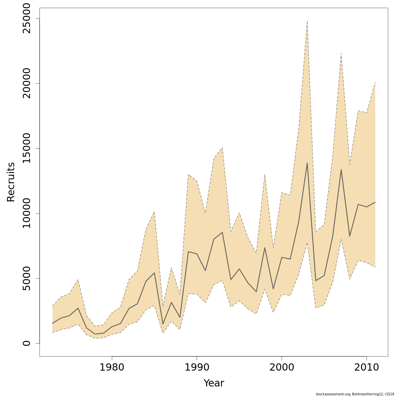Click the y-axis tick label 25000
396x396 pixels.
[25, 18]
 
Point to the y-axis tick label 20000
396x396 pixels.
[25, 83]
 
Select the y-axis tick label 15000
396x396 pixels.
[25, 148]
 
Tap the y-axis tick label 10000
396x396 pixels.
[25, 214]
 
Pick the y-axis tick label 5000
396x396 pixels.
[25, 279]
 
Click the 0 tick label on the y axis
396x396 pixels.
[25, 343]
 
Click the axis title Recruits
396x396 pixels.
[11, 182]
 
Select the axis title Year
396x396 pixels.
[214, 383]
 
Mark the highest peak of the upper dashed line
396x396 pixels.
[307, 21]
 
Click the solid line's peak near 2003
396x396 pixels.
[307, 163]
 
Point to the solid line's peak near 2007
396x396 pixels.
[341, 170]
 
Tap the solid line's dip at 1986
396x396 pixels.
[163, 324]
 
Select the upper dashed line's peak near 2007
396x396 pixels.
[341, 53]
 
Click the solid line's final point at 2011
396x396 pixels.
[375, 202]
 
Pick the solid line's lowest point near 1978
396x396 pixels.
[95, 334]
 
